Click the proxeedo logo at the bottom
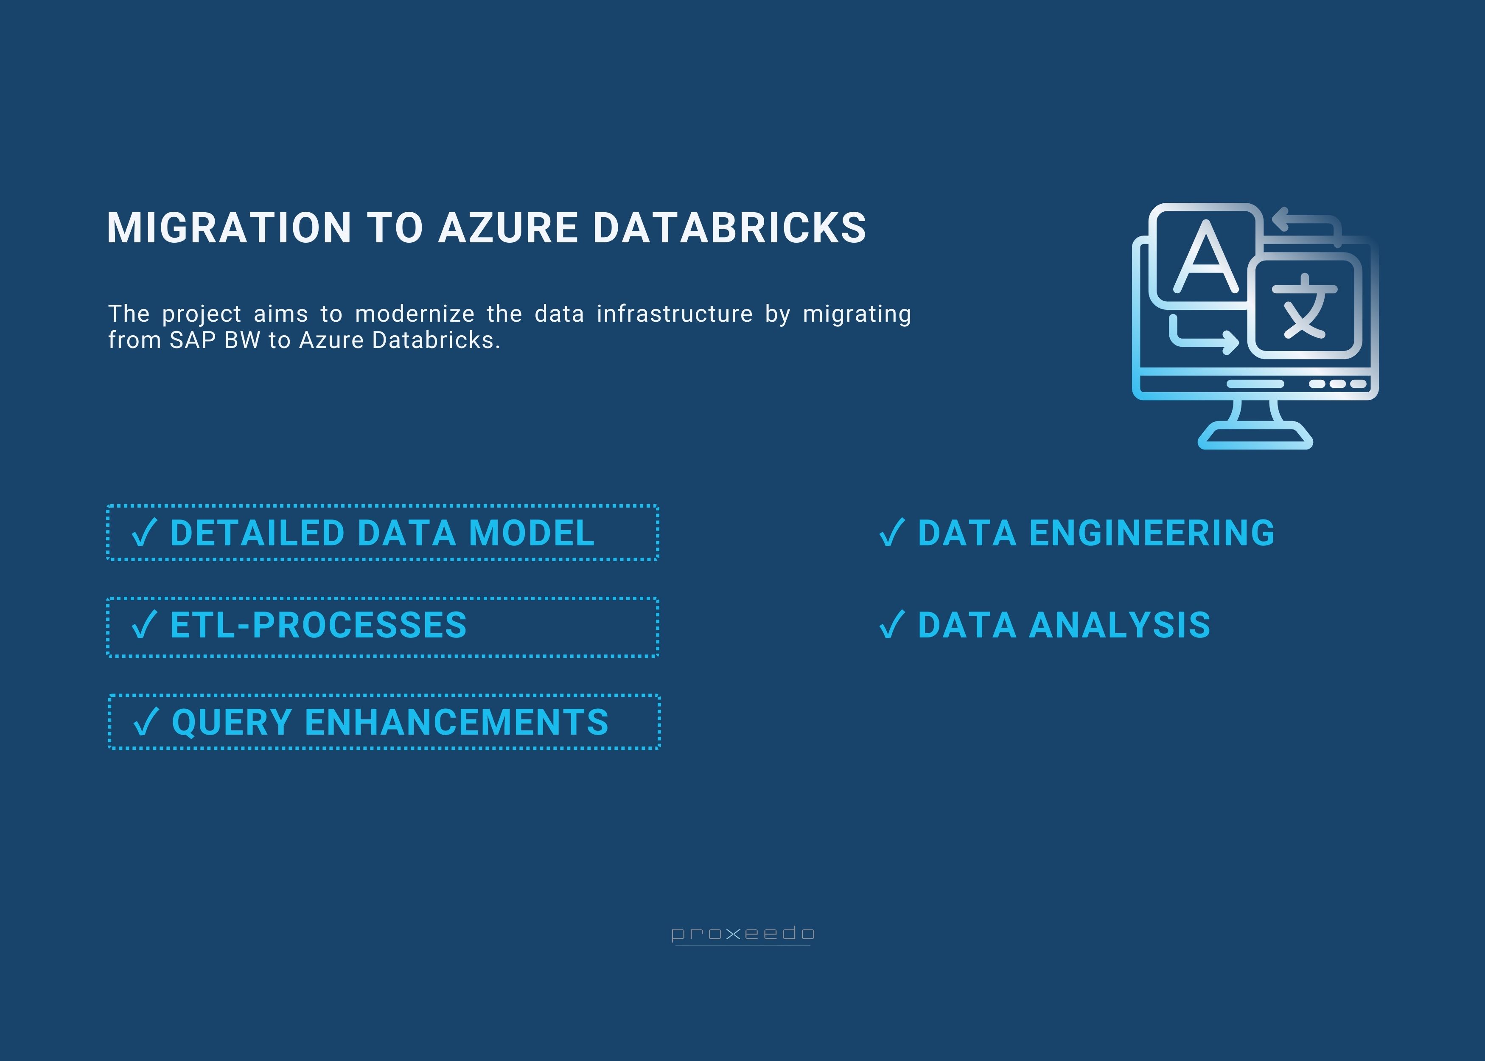pos(742,934)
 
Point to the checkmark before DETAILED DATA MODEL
pos(144,533)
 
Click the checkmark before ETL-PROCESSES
pos(144,625)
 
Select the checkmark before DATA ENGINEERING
pos(891,533)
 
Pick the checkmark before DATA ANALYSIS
pos(891,625)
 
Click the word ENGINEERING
pos(1152,533)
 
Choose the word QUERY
pos(231,723)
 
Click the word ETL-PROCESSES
pos(318,625)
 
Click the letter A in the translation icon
pos(1205,258)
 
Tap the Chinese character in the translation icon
pos(1304,307)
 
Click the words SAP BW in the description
pos(215,340)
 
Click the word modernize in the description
pos(414,314)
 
